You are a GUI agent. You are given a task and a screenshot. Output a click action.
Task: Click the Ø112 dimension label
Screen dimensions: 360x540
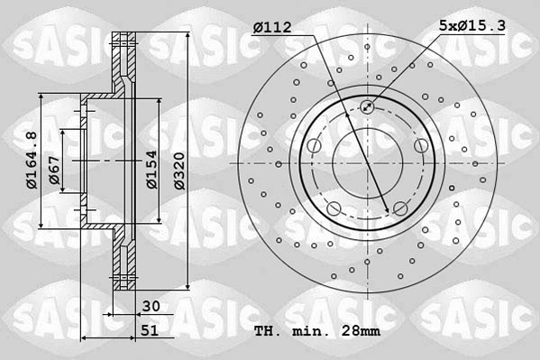click(x=272, y=28)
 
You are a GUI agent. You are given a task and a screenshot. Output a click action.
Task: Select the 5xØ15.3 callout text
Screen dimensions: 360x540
click(x=472, y=28)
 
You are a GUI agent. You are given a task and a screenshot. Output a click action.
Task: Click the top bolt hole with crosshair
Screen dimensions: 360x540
click(x=367, y=108)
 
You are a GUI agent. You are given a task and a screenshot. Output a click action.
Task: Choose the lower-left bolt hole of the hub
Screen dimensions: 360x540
click(x=334, y=209)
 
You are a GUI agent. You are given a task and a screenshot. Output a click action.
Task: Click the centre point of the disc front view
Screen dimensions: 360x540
click(x=367, y=163)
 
